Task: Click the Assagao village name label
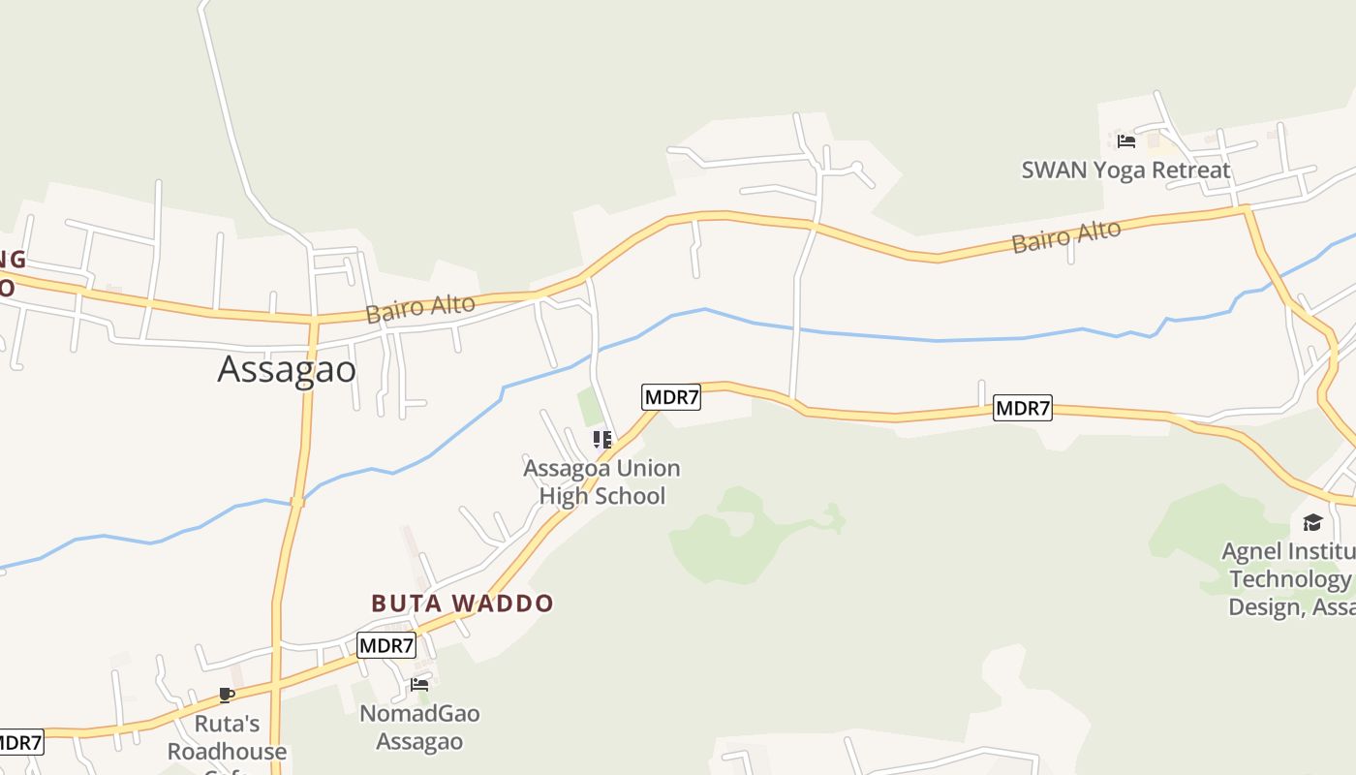(x=287, y=369)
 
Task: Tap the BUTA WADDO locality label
(x=462, y=604)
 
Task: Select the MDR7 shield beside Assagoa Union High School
(x=670, y=397)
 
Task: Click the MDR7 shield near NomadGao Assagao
(x=386, y=645)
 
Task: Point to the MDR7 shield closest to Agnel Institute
(x=1023, y=409)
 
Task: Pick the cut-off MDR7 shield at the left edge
(x=20, y=743)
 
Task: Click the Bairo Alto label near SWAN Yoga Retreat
(x=1066, y=236)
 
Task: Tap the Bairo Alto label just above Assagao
(x=420, y=308)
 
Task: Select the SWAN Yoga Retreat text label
(x=1125, y=170)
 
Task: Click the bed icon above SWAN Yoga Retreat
(x=1125, y=140)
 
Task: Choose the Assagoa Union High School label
(x=601, y=482)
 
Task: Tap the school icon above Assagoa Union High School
(x=602, y=441)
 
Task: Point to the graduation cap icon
(x=1312, y=523)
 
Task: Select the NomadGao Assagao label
(x=419, y=728)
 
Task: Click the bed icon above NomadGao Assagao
(x=419, y=685)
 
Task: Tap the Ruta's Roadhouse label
(x=228, y=738)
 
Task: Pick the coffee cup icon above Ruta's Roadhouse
(x=227, y=695)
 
